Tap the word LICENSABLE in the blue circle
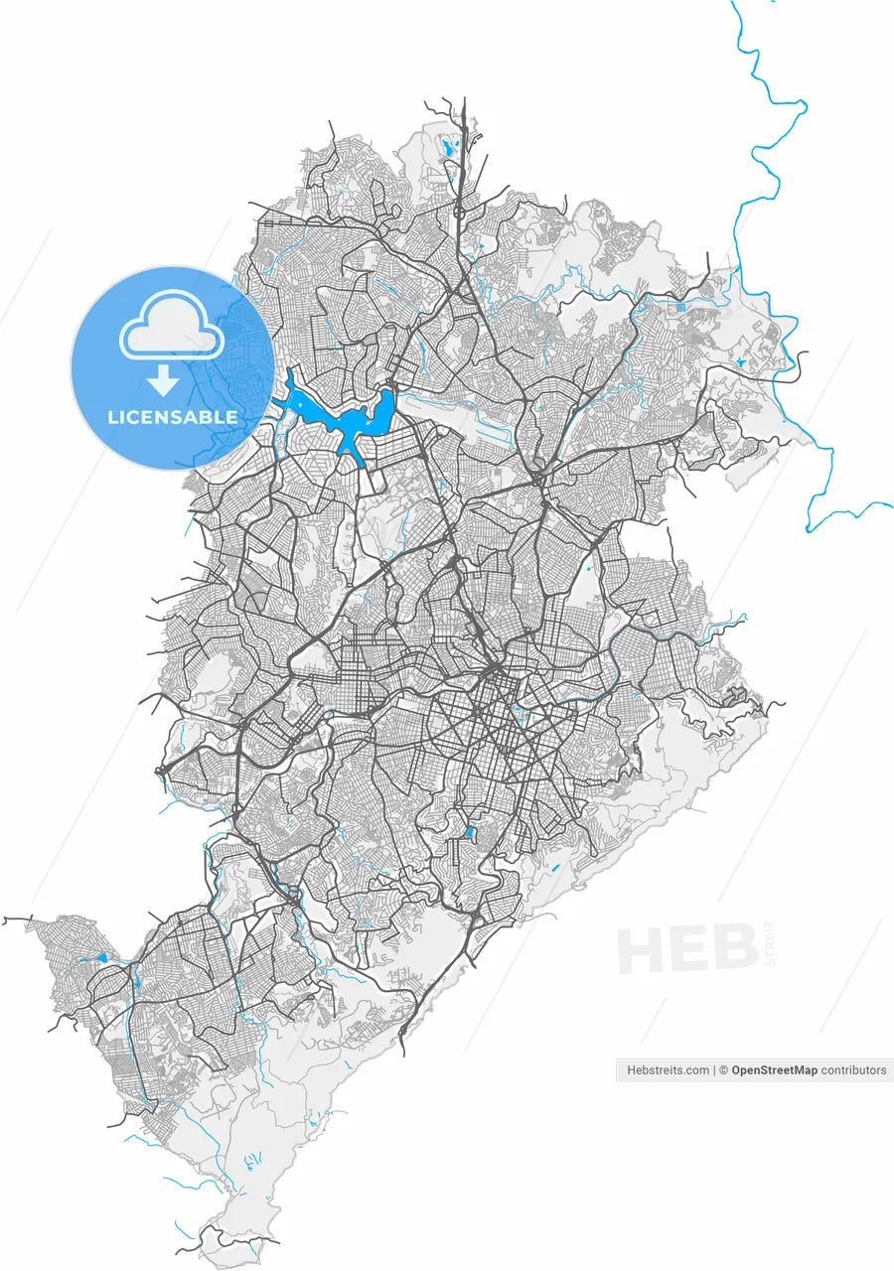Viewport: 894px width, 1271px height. click(x=173, y=417)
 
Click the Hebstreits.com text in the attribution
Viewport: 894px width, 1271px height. click(x=669, y=1070)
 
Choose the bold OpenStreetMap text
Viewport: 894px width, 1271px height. click(x=775, y=1070)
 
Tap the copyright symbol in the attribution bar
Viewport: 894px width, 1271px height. click(x=724, y=1070)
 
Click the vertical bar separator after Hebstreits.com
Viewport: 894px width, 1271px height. click(x=714, y=1070)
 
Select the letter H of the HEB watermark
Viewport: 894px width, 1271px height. click(x=641, y=949)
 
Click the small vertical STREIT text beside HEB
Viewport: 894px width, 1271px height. click(x=769, y=943)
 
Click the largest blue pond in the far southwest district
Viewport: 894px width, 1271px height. click(x=100, y=958)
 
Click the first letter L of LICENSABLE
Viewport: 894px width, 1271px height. click(x=112, y=417)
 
